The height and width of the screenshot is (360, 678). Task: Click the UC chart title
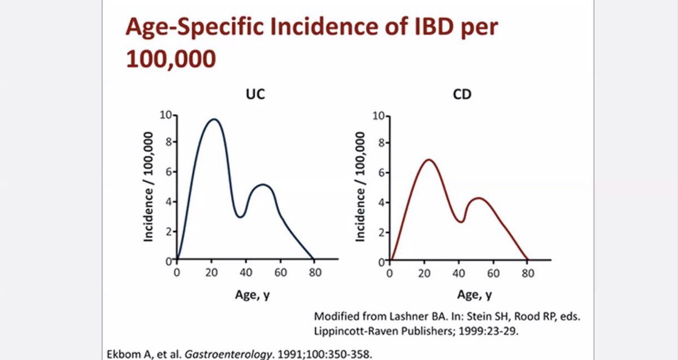coord(255,94)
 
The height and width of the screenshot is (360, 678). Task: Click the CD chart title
coord(462,94)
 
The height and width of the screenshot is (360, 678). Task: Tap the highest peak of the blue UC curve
coord(214,119)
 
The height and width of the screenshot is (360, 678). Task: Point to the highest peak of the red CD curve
coord(429,159)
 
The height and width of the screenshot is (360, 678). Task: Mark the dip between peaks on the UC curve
coord(240,217)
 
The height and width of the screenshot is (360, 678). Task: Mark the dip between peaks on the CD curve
coord(461,222)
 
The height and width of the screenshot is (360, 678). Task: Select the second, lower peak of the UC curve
coord(263,184)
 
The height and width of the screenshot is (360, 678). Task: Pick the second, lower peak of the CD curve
coord(479,198)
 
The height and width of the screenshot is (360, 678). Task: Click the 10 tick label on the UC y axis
coord(166,115)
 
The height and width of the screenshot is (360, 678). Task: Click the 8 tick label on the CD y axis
coord(381,143)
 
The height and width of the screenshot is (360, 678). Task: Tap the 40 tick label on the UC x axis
coord(246,273)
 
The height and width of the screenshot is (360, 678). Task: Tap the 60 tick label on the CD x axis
coord(493,274)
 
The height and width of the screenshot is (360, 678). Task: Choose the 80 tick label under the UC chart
coord(315,273)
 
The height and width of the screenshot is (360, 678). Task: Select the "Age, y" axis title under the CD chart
coord(475,294)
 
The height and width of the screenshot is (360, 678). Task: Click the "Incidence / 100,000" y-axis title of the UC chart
coord(148,187)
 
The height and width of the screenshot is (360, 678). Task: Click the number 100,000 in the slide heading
coord(171,59)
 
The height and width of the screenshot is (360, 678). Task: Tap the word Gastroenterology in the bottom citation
coord(228,354)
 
